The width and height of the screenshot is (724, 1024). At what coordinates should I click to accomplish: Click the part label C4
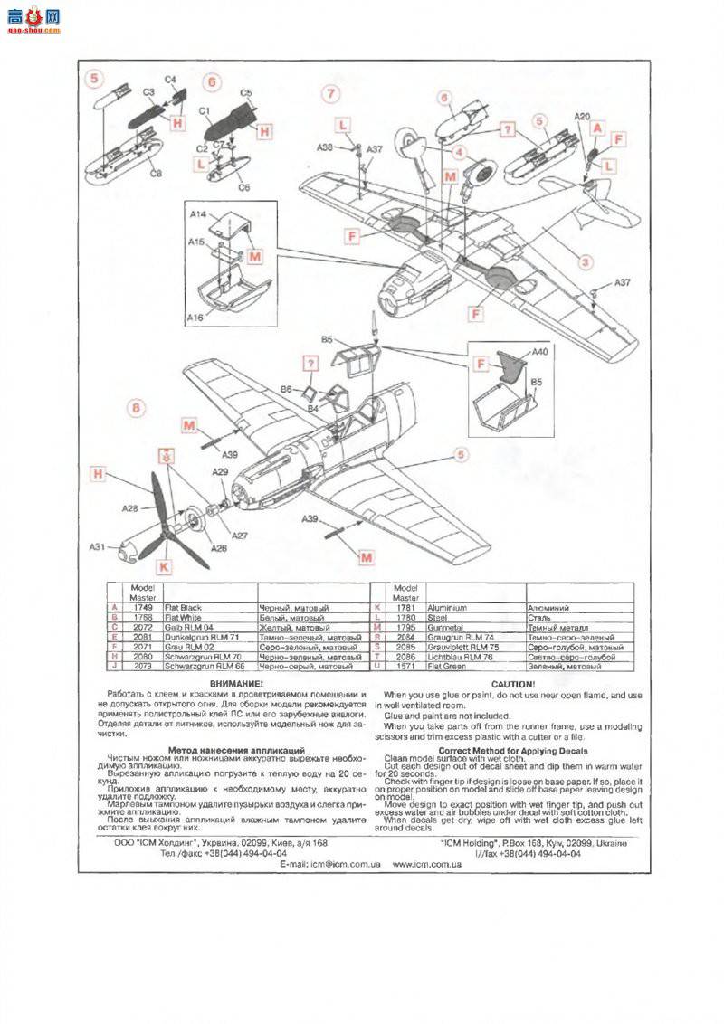(170, 79)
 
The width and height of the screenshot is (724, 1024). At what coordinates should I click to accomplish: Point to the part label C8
(156, 173)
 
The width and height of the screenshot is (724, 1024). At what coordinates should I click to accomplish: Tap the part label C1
(205, 111)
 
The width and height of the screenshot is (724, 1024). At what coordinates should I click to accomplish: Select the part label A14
(199, 214)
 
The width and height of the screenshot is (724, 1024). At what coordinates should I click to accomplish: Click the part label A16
(195, 318)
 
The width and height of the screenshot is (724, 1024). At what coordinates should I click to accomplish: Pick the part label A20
(583, 117)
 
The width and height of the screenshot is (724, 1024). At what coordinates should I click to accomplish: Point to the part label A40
(539, 351)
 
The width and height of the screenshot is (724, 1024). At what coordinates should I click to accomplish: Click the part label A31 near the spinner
(98, 546)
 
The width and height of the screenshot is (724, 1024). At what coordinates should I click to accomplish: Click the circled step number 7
(331, 93)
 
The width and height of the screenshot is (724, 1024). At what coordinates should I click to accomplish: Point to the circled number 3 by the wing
(586, 262)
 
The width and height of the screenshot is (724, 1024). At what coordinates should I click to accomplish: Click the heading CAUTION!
(512, 684)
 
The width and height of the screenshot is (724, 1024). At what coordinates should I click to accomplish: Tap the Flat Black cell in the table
(184, 608)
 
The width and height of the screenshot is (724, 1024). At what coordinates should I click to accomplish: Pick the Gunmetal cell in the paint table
(444, 627)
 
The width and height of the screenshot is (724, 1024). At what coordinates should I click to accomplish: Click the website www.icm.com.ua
(427, 864)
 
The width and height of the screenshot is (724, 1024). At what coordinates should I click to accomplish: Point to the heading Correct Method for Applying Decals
(512, 750)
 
